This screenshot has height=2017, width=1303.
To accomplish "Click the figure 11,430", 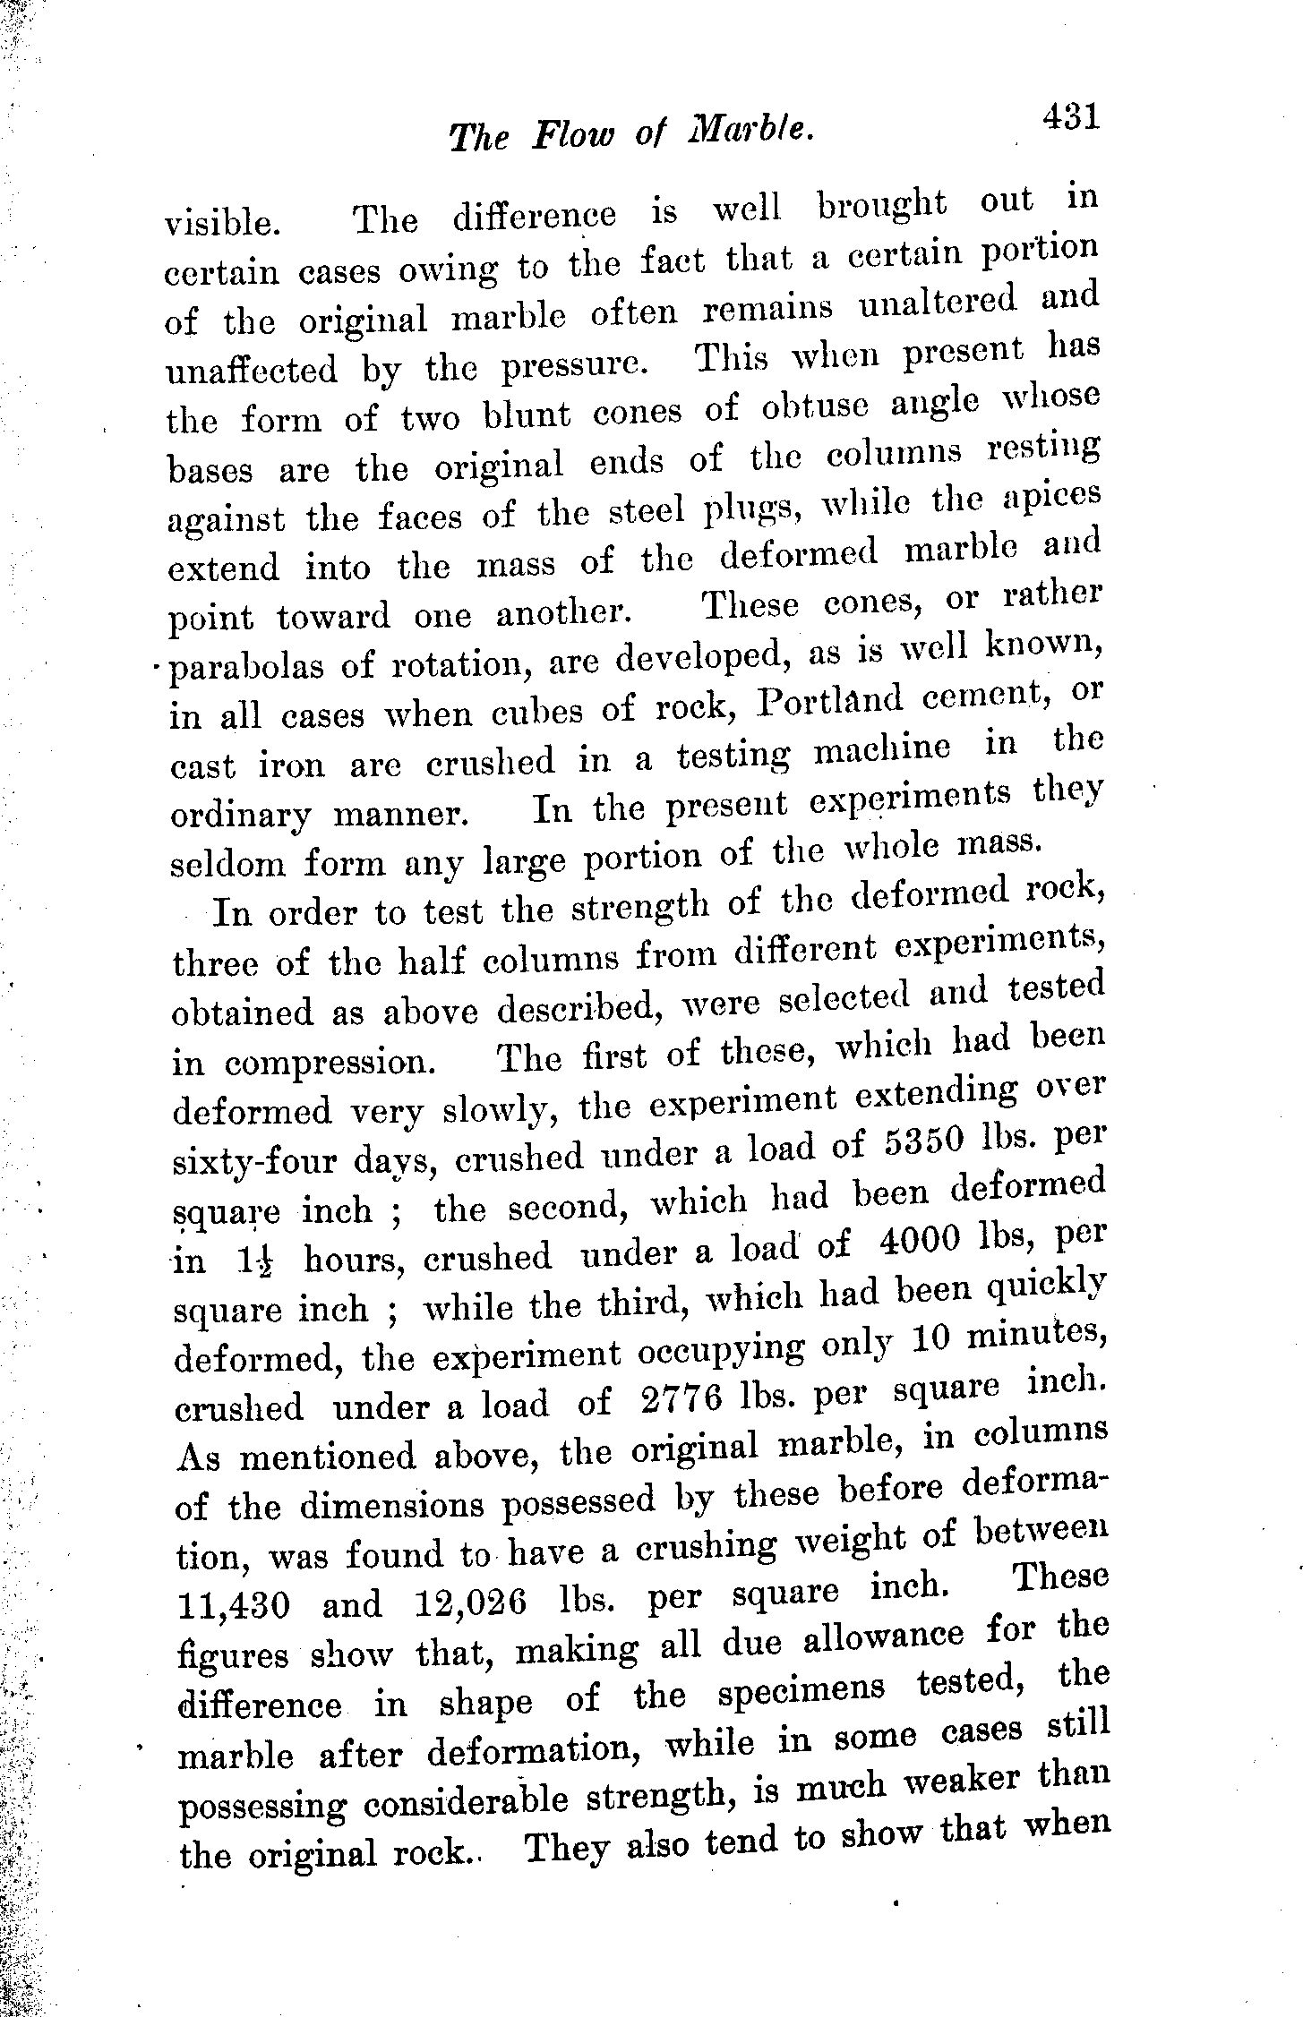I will coord(234,1605).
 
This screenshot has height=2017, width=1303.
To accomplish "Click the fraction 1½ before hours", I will coord(255,1261).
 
